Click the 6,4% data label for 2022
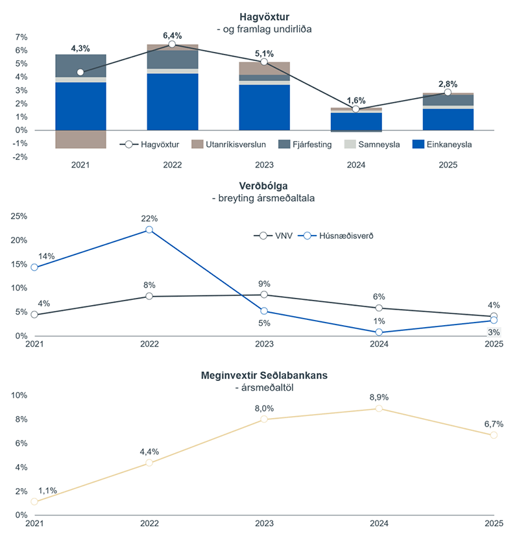(172, 35)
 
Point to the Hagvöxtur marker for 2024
(356, 109)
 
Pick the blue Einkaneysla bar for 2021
(80, 106)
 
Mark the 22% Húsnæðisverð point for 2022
(149, 230)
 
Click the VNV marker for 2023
(264, 295)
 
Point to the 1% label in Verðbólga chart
(379, 321)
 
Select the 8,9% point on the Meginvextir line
(379, 408)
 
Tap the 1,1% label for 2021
(47, 491)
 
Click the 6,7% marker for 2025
(494, 435)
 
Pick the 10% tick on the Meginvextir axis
(18, 395)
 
